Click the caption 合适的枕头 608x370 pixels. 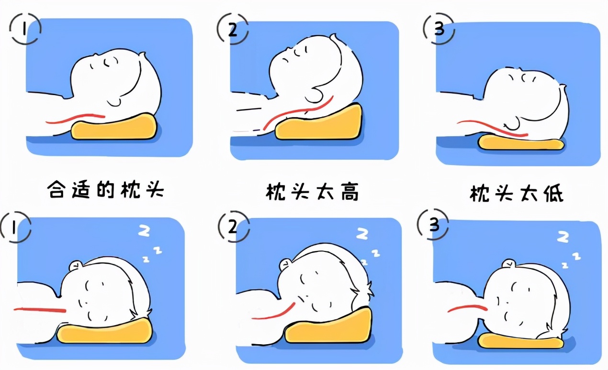pos(106,190)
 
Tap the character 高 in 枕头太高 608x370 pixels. pos(349,192)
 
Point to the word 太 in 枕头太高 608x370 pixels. pos(326,192)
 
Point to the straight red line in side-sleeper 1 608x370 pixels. pos(40,310)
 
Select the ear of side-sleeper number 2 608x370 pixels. pos(285,263)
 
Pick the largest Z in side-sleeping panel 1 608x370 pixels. pos(144,231)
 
